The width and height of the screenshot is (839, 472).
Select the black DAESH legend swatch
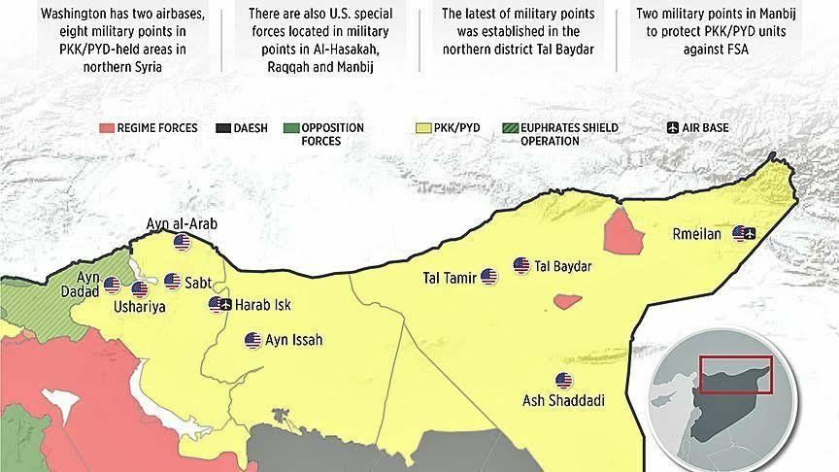click(223, 128)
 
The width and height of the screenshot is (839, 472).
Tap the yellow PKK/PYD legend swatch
click(423, 128)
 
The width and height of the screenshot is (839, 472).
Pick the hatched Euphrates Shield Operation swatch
click(512, 128)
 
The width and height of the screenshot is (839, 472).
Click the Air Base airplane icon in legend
click(673, 128)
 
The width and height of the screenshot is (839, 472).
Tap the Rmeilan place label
click(696, 233)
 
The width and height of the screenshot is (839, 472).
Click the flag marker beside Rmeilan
click(744, 233)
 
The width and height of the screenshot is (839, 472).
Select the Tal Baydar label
click(564, 266)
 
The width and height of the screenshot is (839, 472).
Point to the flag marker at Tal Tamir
click(488, 278)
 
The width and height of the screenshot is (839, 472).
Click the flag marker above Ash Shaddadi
click(563, 381)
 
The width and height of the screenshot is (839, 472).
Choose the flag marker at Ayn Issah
click(253, 341)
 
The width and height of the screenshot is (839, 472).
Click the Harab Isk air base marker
click(220, 305)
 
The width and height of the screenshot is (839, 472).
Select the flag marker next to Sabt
click(172, 282)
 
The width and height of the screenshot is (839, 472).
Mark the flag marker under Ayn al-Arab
click(182, 242)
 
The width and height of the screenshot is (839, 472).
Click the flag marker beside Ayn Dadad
click(113, 286)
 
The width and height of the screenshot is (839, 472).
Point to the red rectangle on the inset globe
click(735, 375)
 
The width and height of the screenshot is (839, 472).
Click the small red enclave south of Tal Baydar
click(568, 301)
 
